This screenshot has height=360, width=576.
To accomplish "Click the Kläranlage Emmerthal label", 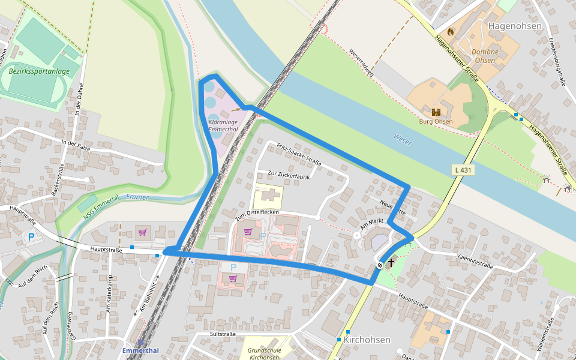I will pyautogui.click(x=223, y=125).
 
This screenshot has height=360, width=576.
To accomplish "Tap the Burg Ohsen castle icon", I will pyautogui.click(x=436, y=112).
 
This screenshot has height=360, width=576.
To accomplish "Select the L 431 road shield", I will pyautogui.click(x=463, y=170).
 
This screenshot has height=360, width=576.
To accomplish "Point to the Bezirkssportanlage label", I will pyautogui.click(x=39, y=71).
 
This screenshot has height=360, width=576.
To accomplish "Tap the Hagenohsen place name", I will pyautogui.click(x=515, y=26).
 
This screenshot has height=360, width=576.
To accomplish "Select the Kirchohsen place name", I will pyautogui.click(x=367, y=340).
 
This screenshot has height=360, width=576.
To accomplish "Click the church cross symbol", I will pyautogui.click(x=391, y=262).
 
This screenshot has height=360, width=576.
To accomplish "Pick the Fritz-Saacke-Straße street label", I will pyautogui.click(x=299, y=154).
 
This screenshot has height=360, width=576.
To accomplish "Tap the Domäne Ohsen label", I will pyautogui.click(x=485, y=56).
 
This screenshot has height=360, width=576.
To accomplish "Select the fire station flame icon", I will pyautogui.click(x=451, y=31).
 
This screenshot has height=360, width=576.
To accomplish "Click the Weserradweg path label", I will pyautogui.click(x=361, y=63).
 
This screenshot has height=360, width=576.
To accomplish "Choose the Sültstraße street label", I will pyautogui.click(x=222, y=334).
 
